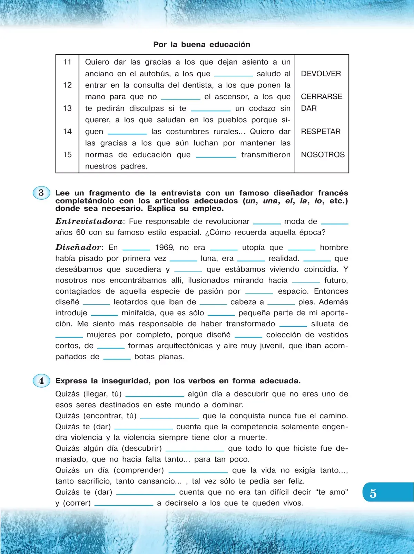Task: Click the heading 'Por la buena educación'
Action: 202,45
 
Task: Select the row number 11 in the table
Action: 67,62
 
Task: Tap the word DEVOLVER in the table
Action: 321,74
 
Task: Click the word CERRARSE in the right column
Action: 322,97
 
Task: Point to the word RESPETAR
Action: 321,132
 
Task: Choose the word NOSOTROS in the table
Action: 323,155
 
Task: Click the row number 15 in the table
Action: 67,155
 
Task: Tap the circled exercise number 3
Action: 41,193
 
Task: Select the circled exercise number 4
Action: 41,381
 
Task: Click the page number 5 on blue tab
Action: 373,493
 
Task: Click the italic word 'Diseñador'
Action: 78,247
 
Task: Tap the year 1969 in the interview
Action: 165,248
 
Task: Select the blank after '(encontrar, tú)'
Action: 169,417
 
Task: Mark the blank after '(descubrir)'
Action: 195,449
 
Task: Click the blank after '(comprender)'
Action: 198,471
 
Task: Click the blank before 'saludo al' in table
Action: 234,74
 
